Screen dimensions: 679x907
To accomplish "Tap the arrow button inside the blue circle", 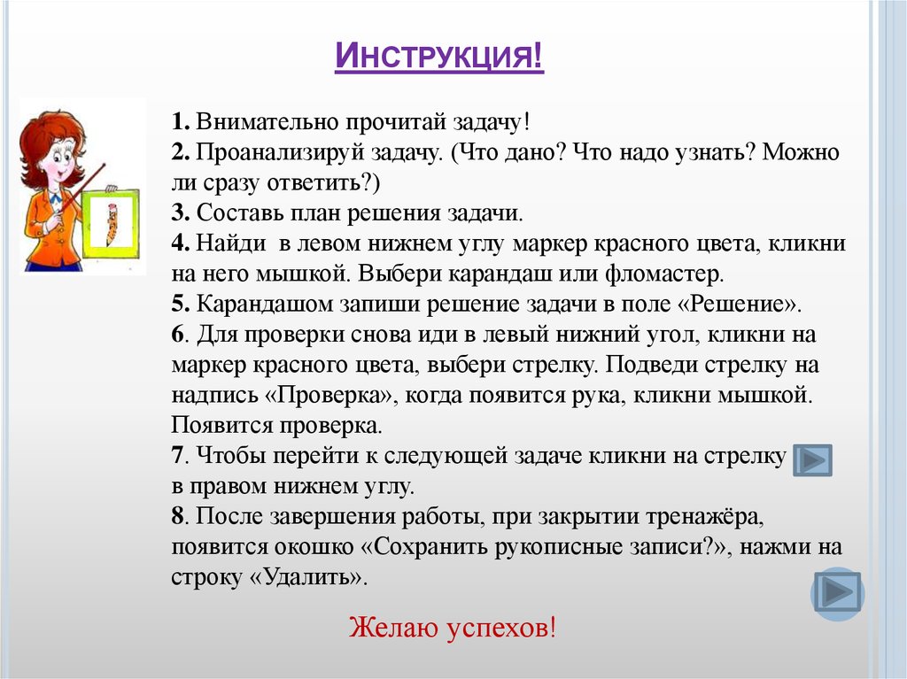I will pyautogui.click(x=837, y=592).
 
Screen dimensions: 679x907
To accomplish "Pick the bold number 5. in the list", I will pyautogui.click(x=180, y=305).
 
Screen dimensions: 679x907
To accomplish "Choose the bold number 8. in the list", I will pyautogui.click(x=180, y=516).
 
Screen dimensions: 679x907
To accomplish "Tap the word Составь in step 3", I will pyautogui.click(x=234, y=213).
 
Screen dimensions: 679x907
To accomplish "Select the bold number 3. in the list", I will pyautogui.click(x=180, y=213).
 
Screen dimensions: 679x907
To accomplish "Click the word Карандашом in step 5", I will pyautogui.click(x=254, y=305).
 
